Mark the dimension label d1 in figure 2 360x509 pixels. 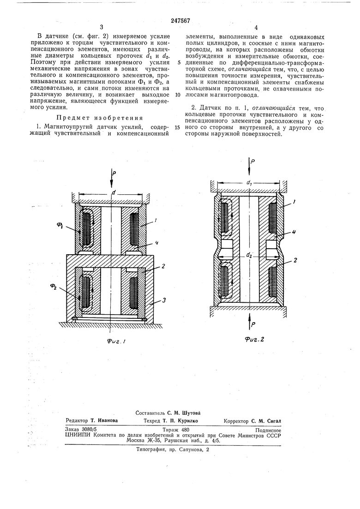250,183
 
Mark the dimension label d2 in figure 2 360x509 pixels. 249,254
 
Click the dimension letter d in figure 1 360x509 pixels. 113,193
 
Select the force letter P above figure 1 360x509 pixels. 115,174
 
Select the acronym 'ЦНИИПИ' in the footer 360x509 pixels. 78,435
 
